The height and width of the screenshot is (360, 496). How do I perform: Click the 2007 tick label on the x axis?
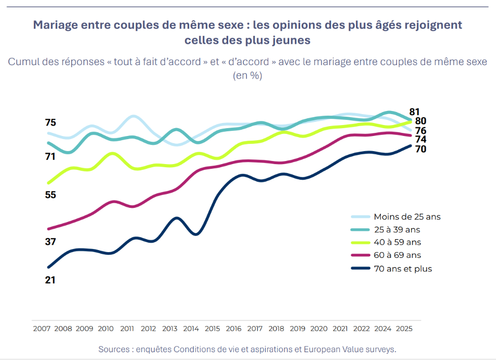41,329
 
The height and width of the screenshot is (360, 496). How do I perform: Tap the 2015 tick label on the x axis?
213,329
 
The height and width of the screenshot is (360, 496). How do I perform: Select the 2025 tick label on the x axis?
405,329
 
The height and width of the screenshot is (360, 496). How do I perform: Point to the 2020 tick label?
319,329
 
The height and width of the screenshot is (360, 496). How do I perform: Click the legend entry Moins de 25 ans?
407,217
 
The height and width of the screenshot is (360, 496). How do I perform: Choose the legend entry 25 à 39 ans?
397,229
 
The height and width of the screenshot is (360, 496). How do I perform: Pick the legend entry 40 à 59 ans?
398,242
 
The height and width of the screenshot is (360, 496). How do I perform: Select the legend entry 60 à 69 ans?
397,255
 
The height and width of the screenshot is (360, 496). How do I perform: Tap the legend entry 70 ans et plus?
403,269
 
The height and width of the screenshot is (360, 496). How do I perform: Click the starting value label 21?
51,280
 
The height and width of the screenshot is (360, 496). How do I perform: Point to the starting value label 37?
51,242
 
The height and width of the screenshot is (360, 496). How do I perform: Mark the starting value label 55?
51,195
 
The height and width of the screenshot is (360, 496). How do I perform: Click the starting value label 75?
51,123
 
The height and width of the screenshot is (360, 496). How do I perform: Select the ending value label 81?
414,111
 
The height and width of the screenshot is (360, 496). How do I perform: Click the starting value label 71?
51,156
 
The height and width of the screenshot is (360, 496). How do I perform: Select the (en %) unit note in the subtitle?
247,75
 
